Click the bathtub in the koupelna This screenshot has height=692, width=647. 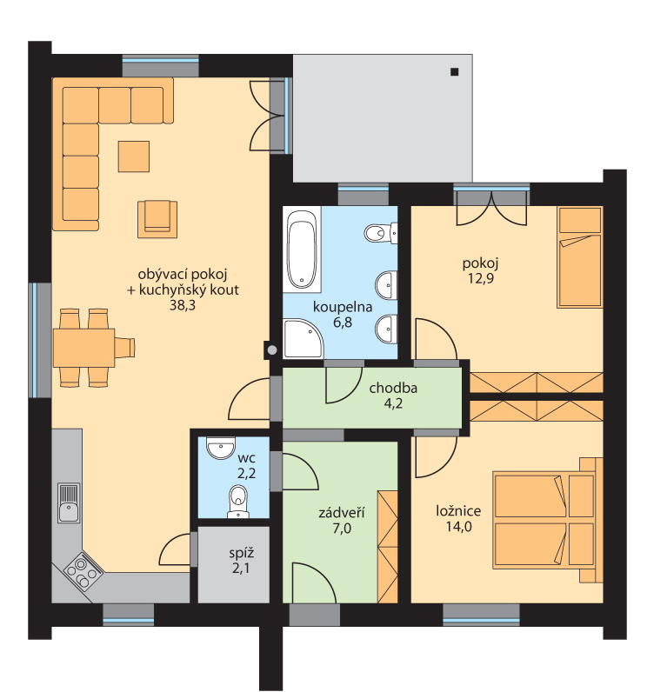(302, 250)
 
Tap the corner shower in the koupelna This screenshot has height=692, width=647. (303, 338)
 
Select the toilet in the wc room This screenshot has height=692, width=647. (238, 502)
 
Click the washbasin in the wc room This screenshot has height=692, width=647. (221, 448)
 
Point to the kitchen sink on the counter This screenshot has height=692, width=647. (69, 502)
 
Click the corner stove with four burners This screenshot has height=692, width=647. (83, 570)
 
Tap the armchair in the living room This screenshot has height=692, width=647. (157, 219)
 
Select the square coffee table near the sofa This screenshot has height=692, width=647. (134, 156)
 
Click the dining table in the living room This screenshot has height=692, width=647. (83, 348)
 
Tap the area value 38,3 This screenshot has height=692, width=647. (183, 305)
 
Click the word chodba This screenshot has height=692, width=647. (393, 388)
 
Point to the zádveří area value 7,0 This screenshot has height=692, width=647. (342, 528)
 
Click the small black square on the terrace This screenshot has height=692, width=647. (454, 71)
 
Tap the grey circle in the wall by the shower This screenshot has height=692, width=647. (272, 350)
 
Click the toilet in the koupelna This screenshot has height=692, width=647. (380, 233)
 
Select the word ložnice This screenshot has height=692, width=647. (458, 511)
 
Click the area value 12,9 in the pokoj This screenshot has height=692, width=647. (481, 278)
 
